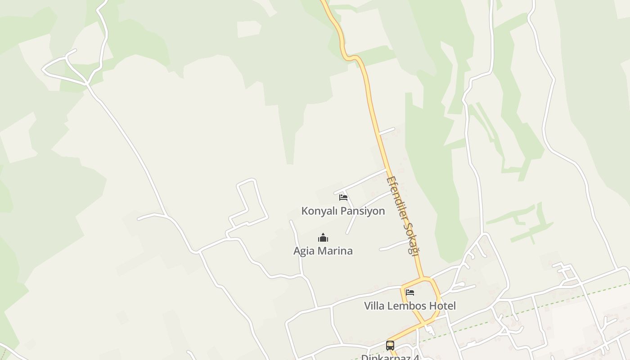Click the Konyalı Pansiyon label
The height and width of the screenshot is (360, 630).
click(343, 211)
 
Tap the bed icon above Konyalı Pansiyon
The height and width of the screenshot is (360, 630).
click(343, 198)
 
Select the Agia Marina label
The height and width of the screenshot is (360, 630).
click(323, 251)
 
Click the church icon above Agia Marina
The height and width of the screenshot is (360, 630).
click(323, 238)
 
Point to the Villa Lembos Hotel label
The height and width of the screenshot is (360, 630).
click(409, 306)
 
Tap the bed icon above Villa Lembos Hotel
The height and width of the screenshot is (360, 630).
click(409, 292)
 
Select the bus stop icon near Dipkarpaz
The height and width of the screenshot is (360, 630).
click(390, 346)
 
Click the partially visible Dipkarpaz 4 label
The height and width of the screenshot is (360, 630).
click(390, 357)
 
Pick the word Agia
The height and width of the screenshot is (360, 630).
click(303, 251)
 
